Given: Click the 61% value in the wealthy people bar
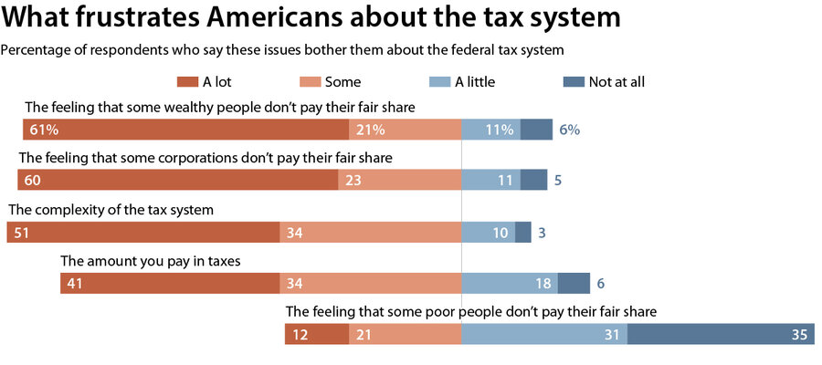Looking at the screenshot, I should point(45,130).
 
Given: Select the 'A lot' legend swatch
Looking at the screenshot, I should point(185,82).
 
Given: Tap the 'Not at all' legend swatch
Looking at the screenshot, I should point(573,82).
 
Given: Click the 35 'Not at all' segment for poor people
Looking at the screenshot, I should point(718,335).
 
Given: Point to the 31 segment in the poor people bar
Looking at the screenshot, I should point(544,335).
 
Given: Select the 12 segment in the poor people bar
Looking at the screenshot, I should point(317,335).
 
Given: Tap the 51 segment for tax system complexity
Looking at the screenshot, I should point(142,233).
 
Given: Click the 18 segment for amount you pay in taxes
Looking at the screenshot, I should point(510,284).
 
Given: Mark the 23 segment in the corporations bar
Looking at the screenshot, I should point(399,181).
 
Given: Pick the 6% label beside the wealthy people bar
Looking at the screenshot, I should point(569,130).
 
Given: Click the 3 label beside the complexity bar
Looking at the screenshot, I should point(542,233).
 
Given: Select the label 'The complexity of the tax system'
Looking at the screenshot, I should point(111,210).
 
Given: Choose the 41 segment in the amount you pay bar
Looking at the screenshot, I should point(170,284).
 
